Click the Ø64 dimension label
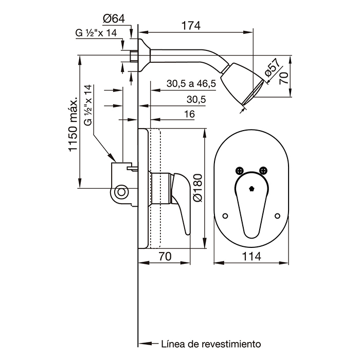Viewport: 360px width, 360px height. click(x=114, y=19)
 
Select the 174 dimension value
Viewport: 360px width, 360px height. click(x=191, y=26)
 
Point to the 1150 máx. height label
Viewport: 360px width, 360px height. click(x=74, y=125)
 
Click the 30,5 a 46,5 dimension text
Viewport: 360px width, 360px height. click(x=191, y=83)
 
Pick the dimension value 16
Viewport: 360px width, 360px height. click(x=189, y=114)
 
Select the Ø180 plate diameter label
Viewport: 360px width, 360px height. click(x=198, y=188)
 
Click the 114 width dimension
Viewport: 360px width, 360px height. click(x=251, y=256)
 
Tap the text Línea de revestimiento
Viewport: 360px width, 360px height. click(x=211, y=344)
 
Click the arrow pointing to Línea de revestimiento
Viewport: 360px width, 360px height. click(x=149, y=344)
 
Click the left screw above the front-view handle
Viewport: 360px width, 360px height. click(x=239, y=170)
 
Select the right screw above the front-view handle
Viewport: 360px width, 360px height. click(x=263, y=170)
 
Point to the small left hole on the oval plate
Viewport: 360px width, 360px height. click(x=225, y=216)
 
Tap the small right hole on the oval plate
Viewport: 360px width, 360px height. click(x=277, y=216)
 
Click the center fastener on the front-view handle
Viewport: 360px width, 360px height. click(x=251, y=189)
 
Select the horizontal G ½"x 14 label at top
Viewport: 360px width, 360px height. click(x=96, y=33)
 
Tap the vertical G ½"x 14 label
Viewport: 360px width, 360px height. click(x=88, y=105)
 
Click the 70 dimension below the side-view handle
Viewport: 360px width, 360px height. click(x=165, y=256)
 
